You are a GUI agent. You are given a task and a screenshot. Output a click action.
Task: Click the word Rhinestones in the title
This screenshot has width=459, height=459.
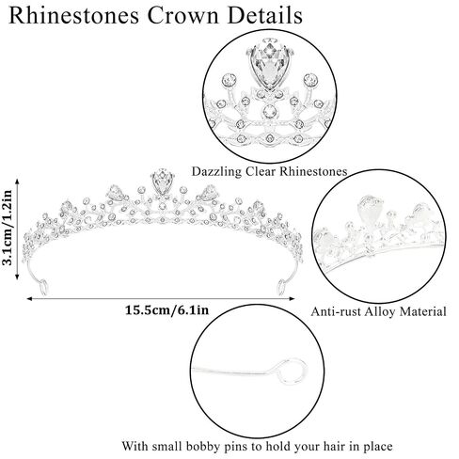74,16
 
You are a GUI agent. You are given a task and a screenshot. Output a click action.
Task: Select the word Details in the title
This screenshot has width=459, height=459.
265,16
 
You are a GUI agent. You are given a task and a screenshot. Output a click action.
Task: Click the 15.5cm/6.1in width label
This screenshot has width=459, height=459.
166,310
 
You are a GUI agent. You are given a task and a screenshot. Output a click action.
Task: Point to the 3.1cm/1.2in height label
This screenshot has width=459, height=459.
7,228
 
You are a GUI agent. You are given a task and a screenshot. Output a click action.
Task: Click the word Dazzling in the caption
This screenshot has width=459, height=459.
216,172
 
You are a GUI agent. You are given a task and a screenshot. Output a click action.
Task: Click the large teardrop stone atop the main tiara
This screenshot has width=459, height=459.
163,182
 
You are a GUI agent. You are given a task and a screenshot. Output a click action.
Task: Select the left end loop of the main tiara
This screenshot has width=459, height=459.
43,287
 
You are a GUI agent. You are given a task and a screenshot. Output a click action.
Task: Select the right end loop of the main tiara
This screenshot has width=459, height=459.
282,287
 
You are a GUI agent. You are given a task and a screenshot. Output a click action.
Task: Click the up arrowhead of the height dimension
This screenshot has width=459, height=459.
17,181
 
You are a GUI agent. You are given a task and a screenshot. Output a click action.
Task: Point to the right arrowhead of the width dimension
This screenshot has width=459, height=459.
292,298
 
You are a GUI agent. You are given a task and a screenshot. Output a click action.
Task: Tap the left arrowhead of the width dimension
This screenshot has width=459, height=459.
29,298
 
